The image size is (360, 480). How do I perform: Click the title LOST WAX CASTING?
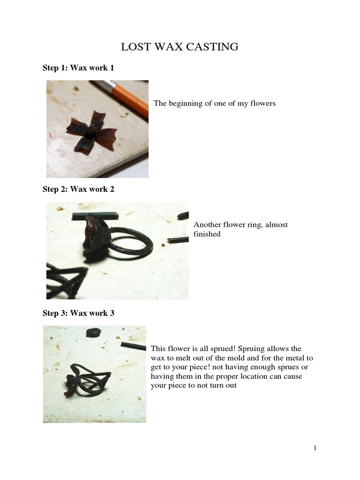coord(180,47)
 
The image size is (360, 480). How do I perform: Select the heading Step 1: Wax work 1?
coord(78,68)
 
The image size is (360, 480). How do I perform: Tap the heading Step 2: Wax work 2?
coord(78,189)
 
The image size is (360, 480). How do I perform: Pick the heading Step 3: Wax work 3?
coord(78,313)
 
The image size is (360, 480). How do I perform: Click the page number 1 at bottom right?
coord(315,448)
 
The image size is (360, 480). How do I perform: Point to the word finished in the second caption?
coord(207,234)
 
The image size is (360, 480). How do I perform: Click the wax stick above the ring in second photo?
coord(95,216)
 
